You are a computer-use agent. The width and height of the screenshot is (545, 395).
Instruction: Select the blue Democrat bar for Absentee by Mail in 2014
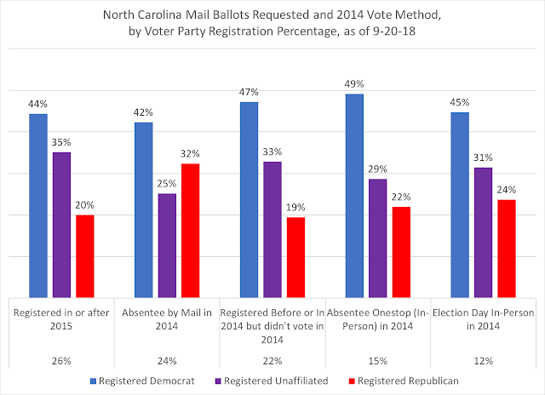pos(144,209)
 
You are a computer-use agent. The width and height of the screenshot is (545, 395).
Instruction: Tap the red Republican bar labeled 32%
pos(191,230)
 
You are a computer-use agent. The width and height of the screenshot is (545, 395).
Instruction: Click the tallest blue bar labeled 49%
pos(354,195)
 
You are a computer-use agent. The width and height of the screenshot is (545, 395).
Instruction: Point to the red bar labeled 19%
pos(296,256)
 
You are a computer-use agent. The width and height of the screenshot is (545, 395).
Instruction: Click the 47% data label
pos(249,90)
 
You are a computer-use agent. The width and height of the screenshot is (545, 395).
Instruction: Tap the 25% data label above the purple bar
pos(167,182)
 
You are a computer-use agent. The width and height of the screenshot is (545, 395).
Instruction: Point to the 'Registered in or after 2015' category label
pos(61,318)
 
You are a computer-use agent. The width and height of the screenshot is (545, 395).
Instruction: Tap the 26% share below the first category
pos(61,358)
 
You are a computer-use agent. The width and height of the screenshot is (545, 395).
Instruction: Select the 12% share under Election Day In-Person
pos(483,358)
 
